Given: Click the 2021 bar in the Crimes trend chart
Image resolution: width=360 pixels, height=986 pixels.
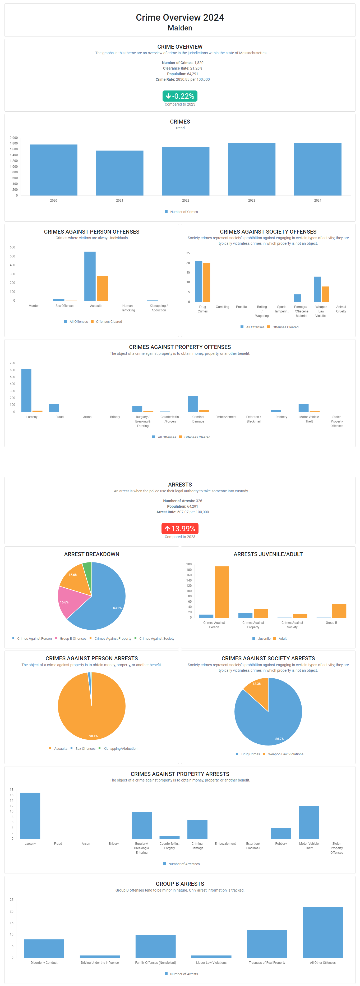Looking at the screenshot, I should click(119, 173).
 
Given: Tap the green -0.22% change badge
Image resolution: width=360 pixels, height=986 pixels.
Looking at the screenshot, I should click(180, 96).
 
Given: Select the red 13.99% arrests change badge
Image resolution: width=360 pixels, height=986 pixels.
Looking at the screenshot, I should click(180, 529).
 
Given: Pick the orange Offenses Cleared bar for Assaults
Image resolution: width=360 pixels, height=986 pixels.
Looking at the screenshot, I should click(103, 288).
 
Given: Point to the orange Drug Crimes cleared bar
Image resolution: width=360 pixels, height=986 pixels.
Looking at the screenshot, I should click(207, 283).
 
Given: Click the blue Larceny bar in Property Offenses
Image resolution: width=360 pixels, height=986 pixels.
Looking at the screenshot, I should click(26, 390).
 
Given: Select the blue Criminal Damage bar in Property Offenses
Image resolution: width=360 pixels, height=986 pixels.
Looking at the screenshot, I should click(192, 404).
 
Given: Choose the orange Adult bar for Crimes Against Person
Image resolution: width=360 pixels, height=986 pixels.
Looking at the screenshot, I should click(222, 592).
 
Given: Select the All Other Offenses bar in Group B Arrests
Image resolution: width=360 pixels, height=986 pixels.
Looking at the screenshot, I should click(322, 932).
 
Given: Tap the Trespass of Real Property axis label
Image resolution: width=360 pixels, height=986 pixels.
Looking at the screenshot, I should click(267, 963).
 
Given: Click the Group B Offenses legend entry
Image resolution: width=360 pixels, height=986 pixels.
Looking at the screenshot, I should click(73, 638).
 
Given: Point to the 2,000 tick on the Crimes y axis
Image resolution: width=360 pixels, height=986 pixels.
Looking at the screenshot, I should click(14, 138).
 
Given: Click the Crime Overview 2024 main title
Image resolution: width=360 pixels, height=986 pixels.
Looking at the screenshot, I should click(180, 18).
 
